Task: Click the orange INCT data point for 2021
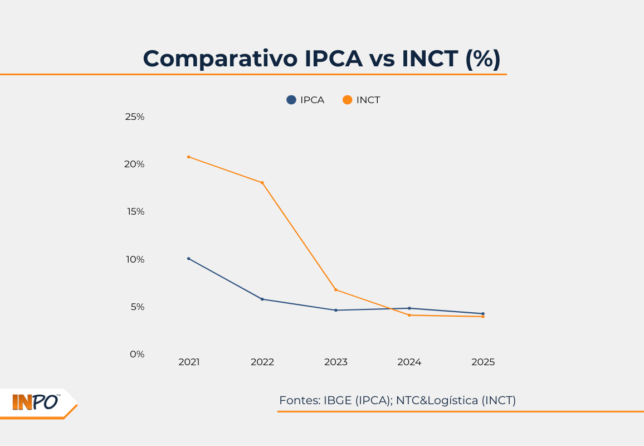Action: pos(189,157)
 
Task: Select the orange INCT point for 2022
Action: pos(262,183)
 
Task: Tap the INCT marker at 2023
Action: pos(336,290)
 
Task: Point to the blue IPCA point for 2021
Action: pos(189,259)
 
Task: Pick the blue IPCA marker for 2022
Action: pos(262,299)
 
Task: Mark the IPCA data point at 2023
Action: pos(336,310)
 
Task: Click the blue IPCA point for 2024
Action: pos(409,308)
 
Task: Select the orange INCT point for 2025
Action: pos(483,317)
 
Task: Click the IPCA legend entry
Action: pos(305,100)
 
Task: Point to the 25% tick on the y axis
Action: pos(135,117)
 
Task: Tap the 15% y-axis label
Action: pos(135,212)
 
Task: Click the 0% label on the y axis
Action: pos(137,354)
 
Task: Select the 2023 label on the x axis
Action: pos(336,362)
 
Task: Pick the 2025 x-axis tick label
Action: pos(483,362)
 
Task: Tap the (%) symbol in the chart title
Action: pos(482,59)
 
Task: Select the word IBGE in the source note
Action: pos(338,400)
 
